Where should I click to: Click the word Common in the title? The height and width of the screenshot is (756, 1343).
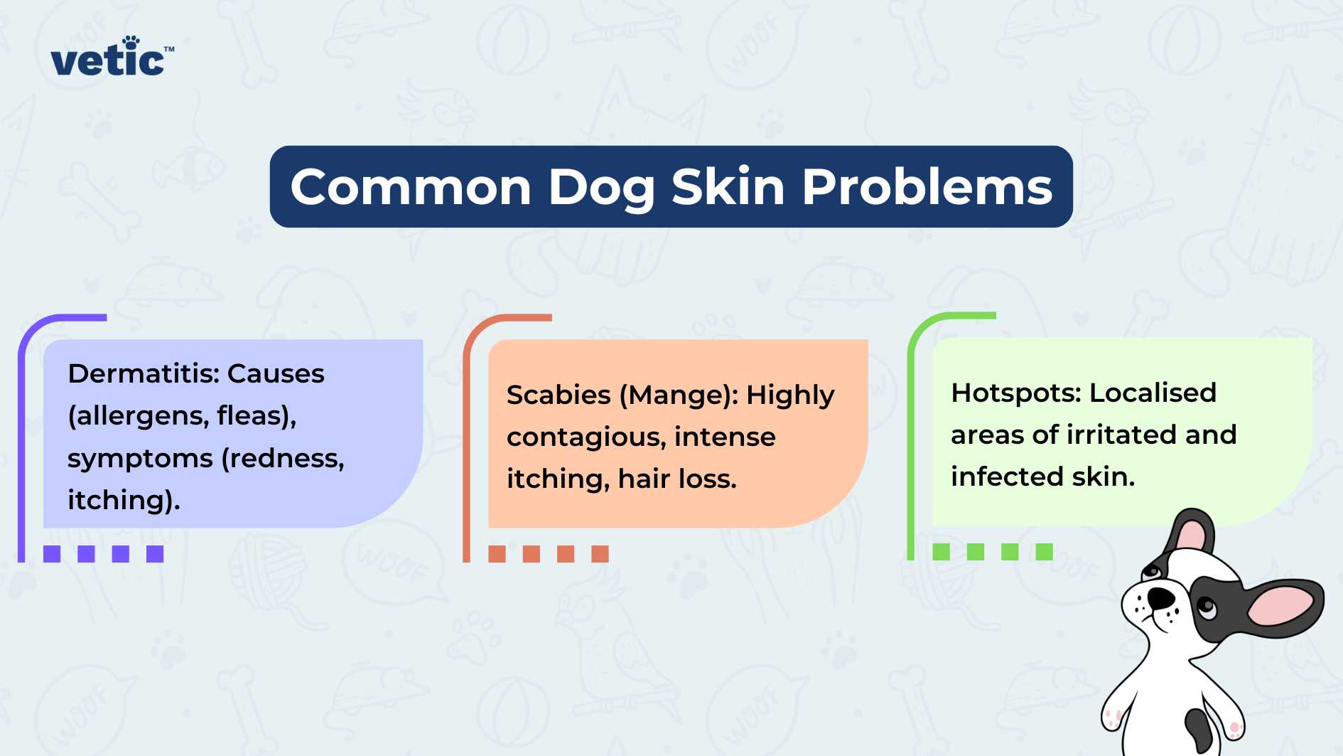411,187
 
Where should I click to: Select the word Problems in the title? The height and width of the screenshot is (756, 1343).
927,187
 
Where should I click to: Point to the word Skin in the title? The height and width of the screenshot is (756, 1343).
728,187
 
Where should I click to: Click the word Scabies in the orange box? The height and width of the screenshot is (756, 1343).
559,395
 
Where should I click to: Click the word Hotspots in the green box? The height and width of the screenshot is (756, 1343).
1016,393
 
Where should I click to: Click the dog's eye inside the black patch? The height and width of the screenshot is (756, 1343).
1207,607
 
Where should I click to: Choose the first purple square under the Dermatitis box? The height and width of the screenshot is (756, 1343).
52,554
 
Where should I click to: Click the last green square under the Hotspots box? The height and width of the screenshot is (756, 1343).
1044,552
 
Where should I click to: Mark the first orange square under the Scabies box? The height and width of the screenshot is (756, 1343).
497,554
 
